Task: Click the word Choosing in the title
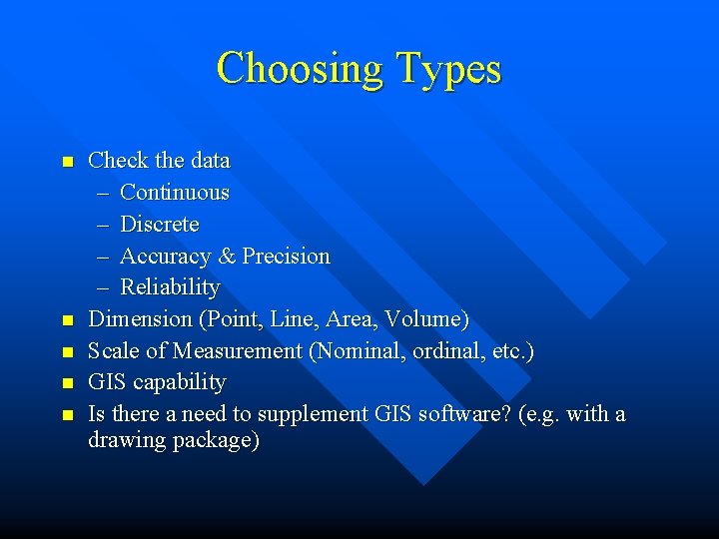301,70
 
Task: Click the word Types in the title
448,70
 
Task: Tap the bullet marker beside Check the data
67,162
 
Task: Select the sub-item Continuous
175,193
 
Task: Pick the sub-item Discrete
160,225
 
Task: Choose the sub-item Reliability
170,288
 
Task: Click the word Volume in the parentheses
430,320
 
